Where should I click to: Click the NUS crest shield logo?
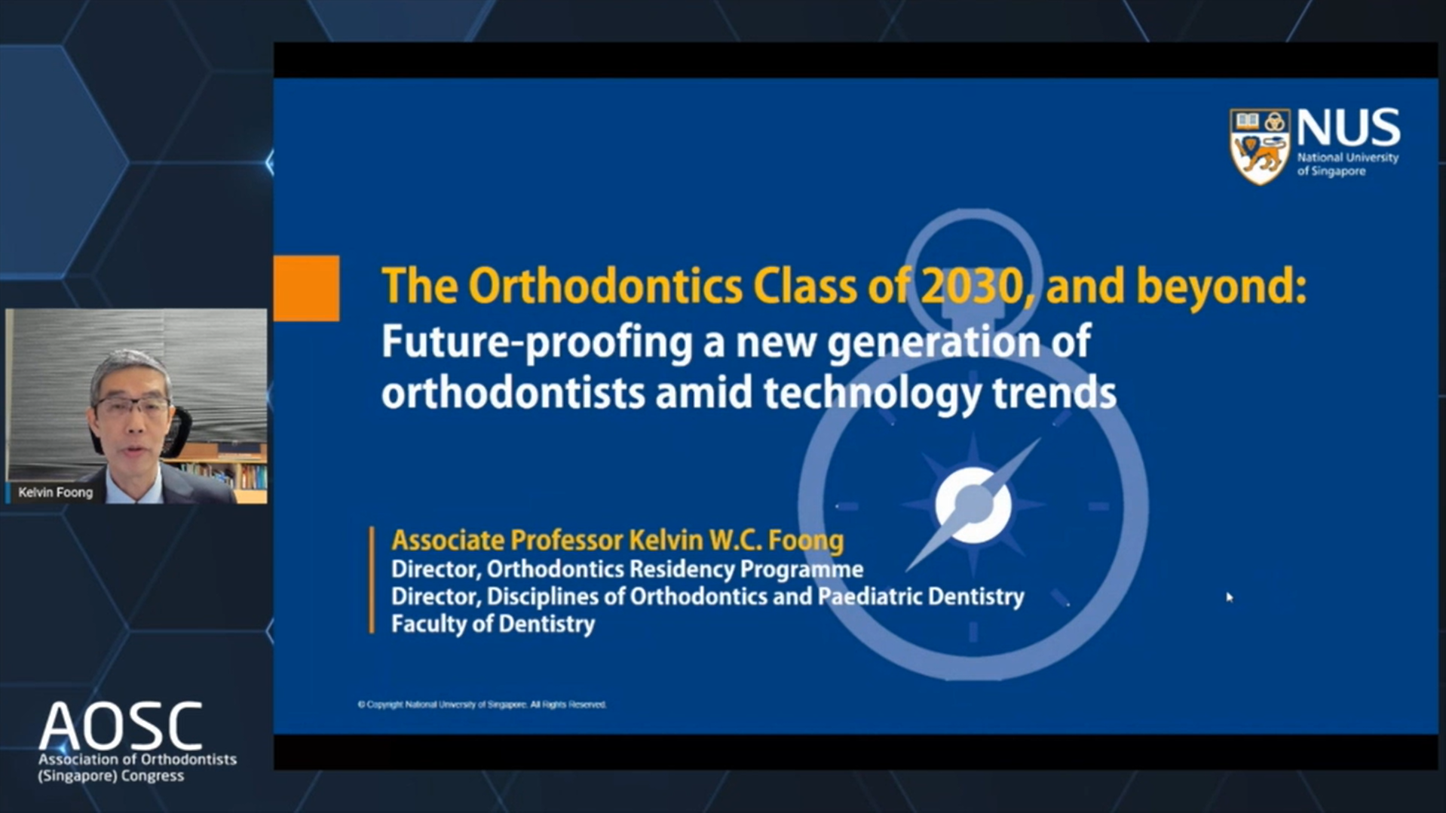click(x=1260, y=146)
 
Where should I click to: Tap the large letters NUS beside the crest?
click(x=1348, y=127)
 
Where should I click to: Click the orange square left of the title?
click(x=306, y=288)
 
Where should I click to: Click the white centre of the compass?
click(x=973, y=505)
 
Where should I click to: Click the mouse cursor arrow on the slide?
click(x=1229, y=597)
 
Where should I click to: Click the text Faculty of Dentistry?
click(x=493, y=624)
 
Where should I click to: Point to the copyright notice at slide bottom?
click(x=482, y=704)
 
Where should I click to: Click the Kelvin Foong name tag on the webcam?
click(x=55, y=492)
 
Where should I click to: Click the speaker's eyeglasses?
click(x=133, y=409)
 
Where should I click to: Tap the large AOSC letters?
click(x=121, y=726)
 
